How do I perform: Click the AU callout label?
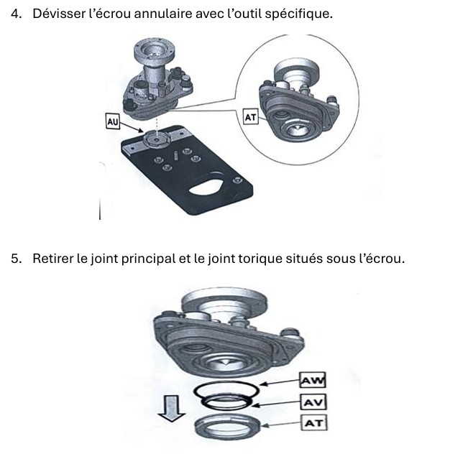(112, 123)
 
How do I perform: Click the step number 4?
(16, 13)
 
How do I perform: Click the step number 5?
(16, 259)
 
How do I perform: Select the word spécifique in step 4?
(304, 13)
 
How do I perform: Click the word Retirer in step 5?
(53, 259)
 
